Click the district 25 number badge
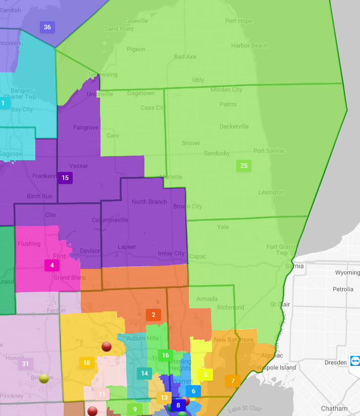(244, 165)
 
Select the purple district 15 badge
(65, 177)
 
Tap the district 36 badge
(47, 27)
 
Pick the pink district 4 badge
(52, 265)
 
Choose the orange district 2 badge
(153, 315)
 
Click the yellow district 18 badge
(86, 362)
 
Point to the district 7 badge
(232, 381)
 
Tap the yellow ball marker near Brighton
(44, 378)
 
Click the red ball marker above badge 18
(106, 346)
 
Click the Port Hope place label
(238, 21)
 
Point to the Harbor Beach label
(249, 45)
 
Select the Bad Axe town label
(185, 57)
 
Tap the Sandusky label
(217, 153)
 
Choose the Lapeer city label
(127, 247)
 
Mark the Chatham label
(334, 408)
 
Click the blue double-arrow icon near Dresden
(355, 362)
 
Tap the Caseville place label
(136, 21)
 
